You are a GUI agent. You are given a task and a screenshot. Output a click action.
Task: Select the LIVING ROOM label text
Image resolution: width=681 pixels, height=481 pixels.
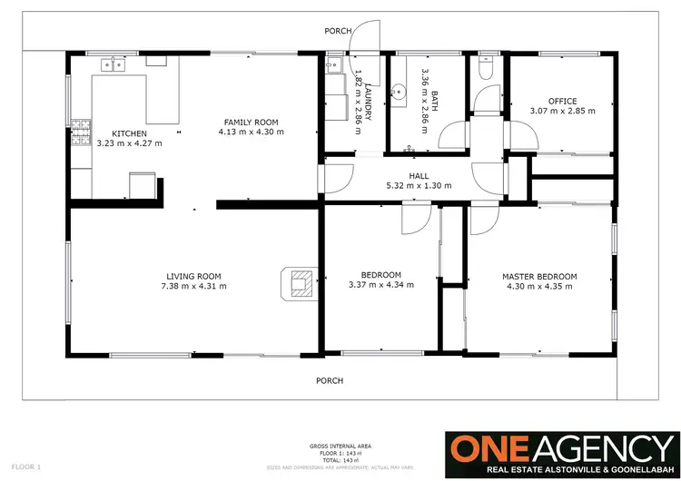[193, 276]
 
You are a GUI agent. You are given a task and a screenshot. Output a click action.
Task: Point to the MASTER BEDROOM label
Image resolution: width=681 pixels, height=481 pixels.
[539, 276]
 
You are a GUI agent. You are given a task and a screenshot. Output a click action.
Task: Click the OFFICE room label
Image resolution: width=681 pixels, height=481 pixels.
[563, 101]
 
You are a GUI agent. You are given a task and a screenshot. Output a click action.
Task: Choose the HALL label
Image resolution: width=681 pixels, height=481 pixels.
[418, 175]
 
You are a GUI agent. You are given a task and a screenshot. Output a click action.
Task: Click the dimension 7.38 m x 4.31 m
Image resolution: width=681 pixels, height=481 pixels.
[193, 286]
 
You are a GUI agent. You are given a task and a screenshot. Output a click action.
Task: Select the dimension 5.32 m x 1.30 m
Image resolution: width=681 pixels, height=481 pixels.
[418, 185]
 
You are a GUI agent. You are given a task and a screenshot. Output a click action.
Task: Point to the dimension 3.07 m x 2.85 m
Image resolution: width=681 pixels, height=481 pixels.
[563, 111]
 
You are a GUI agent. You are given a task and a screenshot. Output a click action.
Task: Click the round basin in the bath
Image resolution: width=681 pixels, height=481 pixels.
[399, 91]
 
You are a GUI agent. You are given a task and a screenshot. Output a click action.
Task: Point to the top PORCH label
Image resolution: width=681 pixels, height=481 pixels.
[338, 31]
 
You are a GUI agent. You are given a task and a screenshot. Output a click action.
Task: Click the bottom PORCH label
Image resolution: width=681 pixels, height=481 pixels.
[329, 381]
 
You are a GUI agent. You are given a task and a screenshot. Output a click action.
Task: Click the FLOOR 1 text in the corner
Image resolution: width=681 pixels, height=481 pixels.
[27, 466]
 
